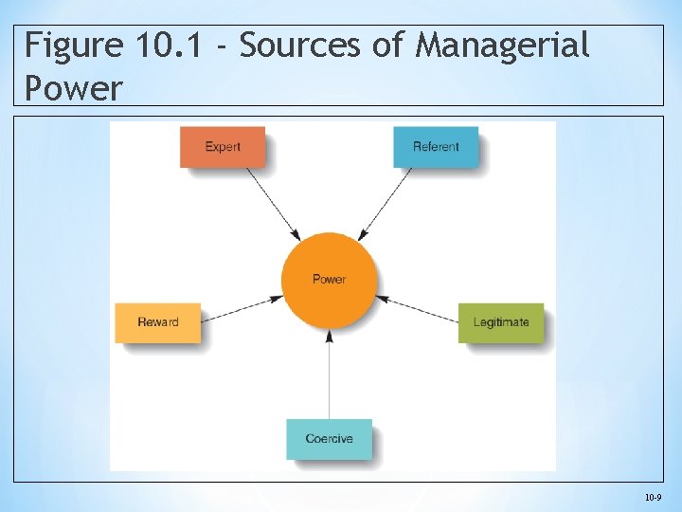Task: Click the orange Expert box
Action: point(223,147)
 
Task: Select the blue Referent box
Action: point(436,147)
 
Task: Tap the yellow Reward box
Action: point(158,322)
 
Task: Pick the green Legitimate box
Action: point(501,322)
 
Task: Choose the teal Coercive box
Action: point(329,439)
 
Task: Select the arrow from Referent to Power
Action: point(386,203)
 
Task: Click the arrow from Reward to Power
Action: point(242,308)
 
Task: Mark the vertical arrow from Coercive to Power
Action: point(329,375)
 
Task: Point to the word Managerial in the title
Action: point(503,46)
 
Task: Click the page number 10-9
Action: point(653,497)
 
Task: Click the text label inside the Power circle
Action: point(329,280)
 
